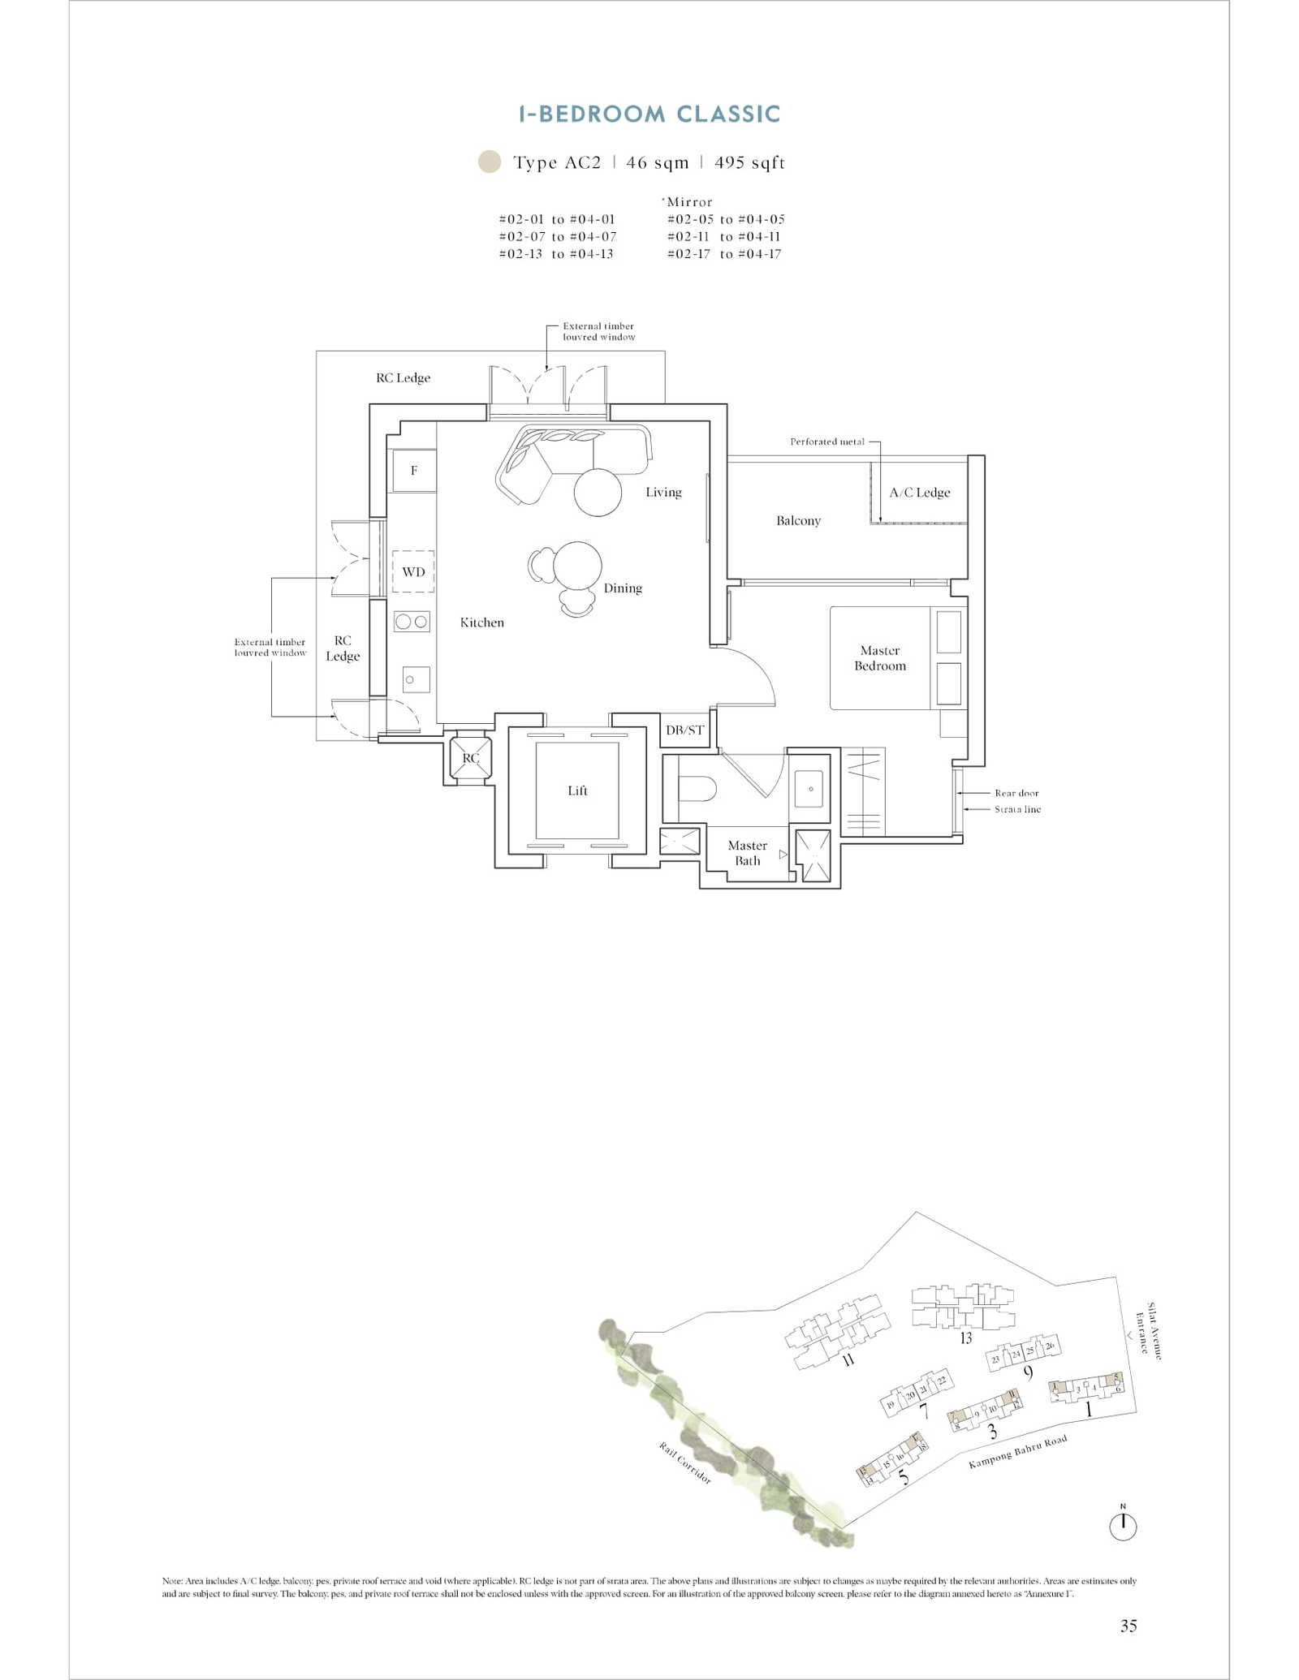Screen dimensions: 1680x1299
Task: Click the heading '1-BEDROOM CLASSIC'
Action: coord(649,114)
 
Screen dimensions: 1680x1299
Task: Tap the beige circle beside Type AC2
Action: coord(490,162)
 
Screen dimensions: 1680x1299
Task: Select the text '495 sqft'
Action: coord(749,162)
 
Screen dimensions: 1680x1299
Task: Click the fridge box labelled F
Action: coord(414,471)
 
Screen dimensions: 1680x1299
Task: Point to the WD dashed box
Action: coord(413,571)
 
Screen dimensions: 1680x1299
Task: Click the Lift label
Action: coord(577,790)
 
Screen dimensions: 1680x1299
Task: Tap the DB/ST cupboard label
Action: coord(684,730)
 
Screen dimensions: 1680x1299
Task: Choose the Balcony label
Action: coord(798,520)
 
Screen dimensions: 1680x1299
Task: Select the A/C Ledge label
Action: coord(919,493)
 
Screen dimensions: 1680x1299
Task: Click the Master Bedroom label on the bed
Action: coord(880,658)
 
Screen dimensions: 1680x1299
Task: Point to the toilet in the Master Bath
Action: coord(697,788)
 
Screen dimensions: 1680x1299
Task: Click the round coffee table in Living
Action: coord(598,492)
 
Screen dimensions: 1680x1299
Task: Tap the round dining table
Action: coord(577,566)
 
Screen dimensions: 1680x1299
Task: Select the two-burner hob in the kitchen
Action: coord(412,622)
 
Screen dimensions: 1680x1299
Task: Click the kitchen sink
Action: coord(416,679)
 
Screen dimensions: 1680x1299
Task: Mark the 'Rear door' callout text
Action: coord(1016,793)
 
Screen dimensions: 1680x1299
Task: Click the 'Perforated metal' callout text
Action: coord(827,442)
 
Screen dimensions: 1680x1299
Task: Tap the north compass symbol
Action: coord(1123,1526)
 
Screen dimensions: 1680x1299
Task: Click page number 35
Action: coord(1129,1626)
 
